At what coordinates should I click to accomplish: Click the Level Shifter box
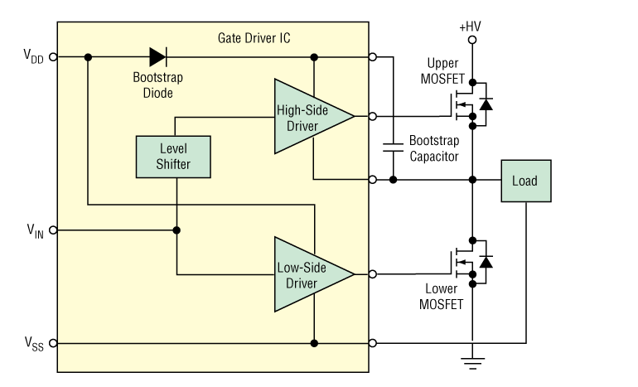point(173,157)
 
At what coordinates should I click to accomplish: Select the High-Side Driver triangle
point(309,116)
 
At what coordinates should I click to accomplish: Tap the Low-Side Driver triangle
point(309,274)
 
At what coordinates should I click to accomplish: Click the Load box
point(526,181)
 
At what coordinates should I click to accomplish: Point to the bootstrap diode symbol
point(158,57)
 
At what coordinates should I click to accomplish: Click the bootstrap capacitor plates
point(393,148)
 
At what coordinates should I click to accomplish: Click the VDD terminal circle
point(53,57)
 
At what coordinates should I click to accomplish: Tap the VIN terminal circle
point(53,230)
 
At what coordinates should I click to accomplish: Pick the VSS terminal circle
point(53,343)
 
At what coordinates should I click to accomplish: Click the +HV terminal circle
point(472,40)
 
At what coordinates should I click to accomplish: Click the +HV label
point(470,27)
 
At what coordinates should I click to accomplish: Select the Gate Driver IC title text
point(254,38)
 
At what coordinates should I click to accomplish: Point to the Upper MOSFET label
point(442,70)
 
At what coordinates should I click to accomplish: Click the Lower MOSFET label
point(442,297)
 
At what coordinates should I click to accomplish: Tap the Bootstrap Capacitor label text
point(434,148)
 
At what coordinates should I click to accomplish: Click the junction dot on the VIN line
point(176,230)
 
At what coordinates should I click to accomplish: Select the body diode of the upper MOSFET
point(486,104)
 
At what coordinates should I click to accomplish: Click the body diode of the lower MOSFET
point(486,262)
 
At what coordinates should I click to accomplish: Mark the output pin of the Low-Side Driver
point(373,274)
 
